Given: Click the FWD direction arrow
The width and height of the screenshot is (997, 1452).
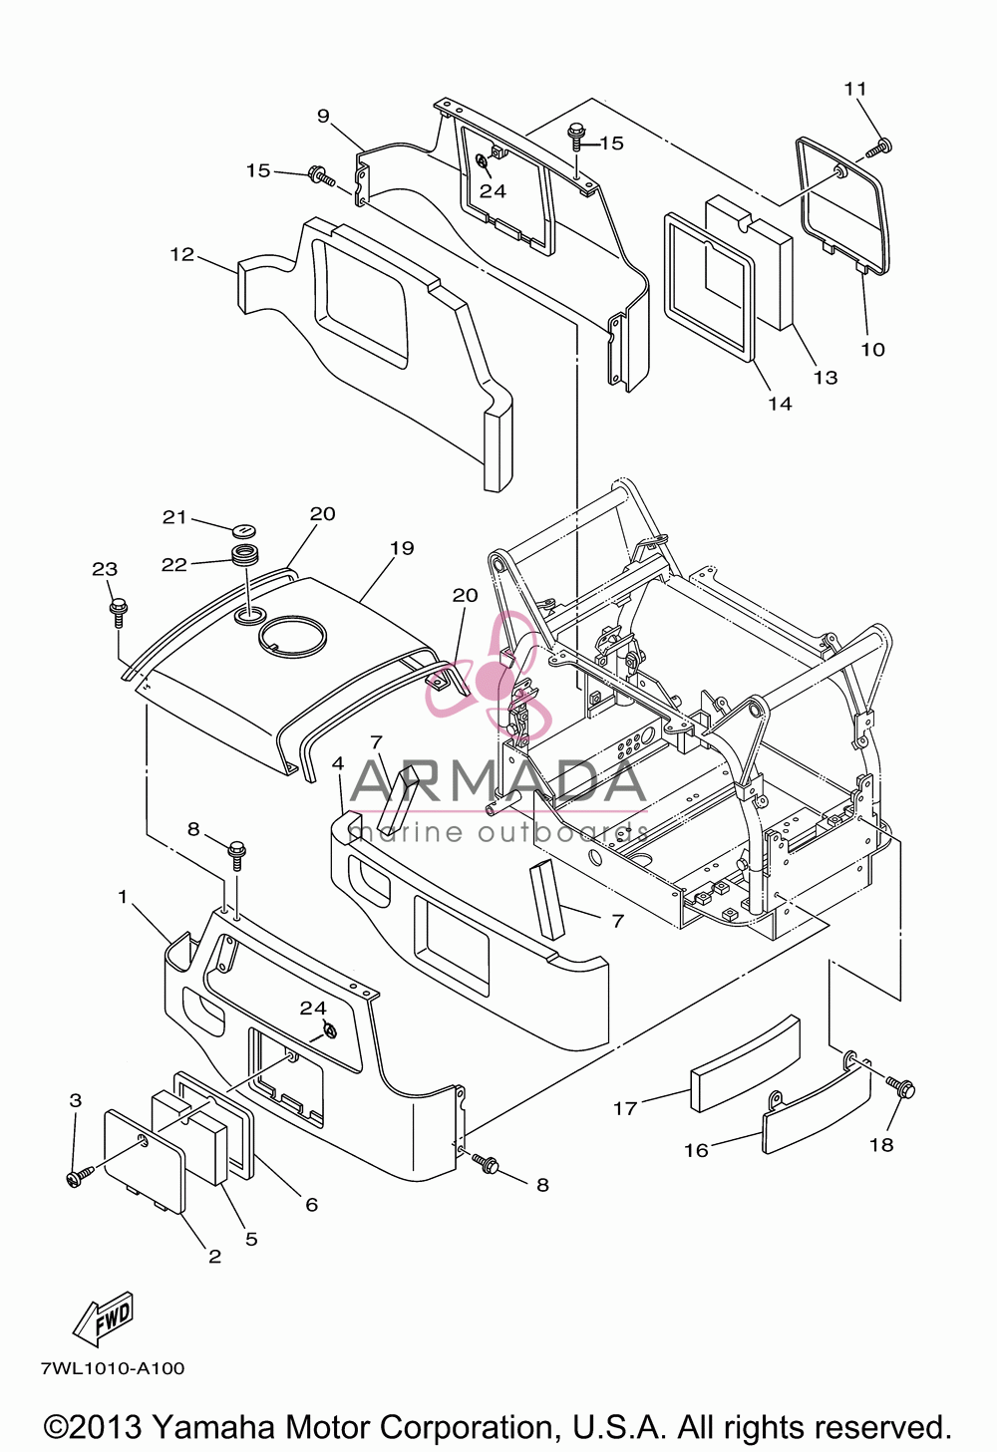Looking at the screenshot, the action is click(105, 1318).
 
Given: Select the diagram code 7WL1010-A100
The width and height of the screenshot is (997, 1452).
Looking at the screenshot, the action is click(113, 1368).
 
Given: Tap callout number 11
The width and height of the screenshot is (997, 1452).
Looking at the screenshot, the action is click(855, 89).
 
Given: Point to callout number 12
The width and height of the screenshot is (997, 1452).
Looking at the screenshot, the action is click(182, 254).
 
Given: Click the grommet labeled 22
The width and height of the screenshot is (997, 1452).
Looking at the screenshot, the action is click(245, 557).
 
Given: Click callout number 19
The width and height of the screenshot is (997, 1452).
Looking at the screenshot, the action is click(402, 548).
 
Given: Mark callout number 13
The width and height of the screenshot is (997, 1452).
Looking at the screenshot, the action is click(826, 378).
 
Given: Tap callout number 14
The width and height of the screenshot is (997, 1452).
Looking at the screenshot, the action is click(781, 404).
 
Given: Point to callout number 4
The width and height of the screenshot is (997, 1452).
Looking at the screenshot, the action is click(337, 763).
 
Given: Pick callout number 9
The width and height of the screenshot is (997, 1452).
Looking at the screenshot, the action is click(323, 116).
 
